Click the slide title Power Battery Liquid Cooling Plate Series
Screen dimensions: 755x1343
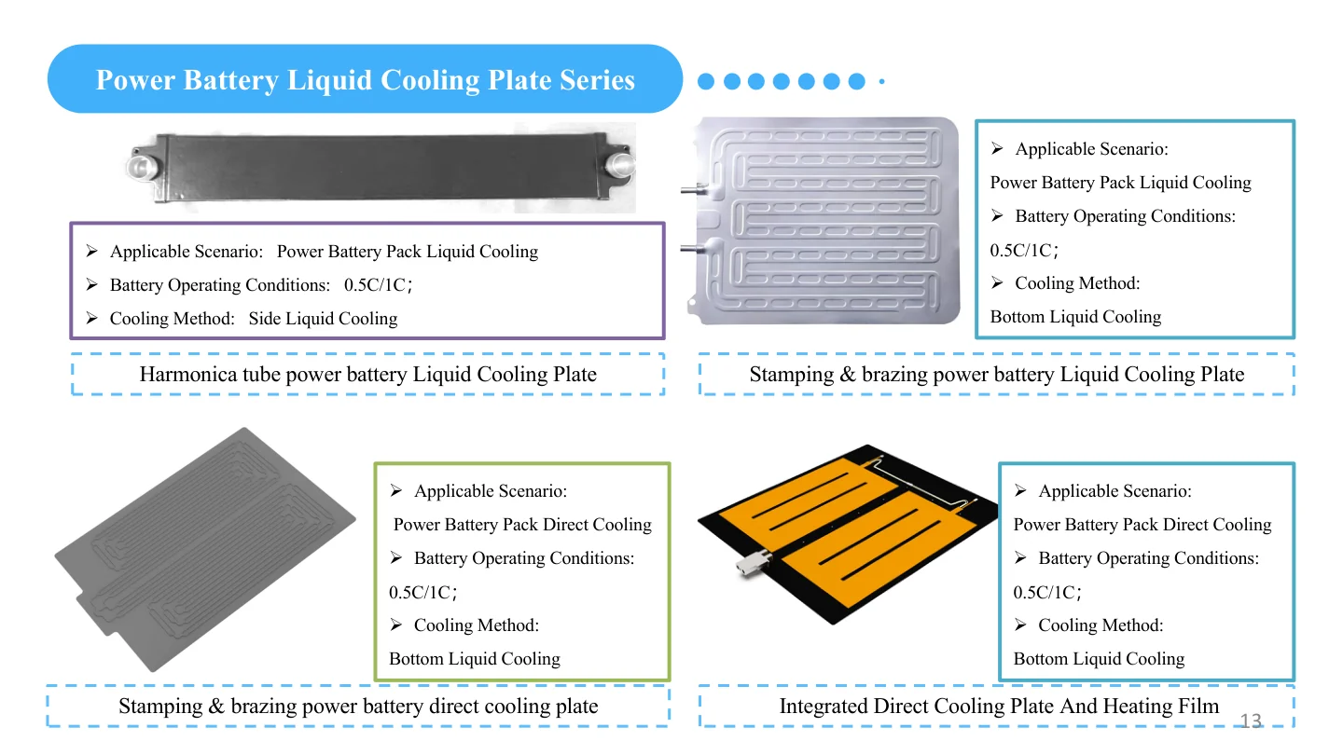365,80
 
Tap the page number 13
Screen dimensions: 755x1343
1250,721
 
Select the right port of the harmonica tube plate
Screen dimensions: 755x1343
620,166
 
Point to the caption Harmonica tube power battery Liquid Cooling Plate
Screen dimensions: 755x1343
367,375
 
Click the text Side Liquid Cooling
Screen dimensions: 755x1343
323,319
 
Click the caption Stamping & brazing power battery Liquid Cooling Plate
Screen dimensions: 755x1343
996,375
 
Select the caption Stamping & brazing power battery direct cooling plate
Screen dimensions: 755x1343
358,707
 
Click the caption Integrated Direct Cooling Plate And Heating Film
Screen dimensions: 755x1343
999,707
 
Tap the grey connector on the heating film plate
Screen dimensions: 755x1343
749,562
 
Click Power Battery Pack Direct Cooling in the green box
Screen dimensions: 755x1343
522,525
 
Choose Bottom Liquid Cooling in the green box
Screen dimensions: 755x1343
475,659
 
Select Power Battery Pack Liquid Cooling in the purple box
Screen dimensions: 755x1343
408,252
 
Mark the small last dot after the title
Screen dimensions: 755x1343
881,82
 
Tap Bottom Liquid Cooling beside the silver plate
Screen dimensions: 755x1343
1075,317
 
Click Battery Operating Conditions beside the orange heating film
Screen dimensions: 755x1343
1148,558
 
